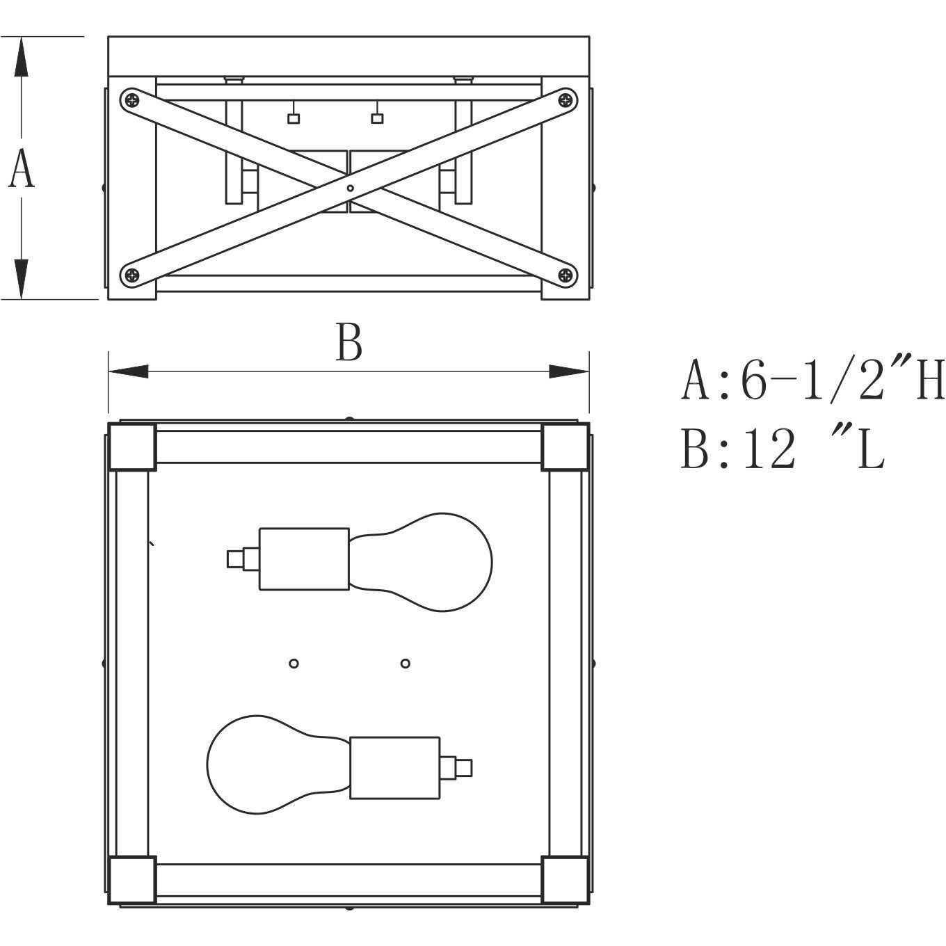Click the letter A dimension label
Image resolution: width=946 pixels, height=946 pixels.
tap(22, 169)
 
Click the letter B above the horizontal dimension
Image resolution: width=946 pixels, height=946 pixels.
tap(349, 342)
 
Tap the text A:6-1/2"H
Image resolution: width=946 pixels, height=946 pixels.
tap(812, 380)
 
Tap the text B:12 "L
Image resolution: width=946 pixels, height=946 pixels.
tap(783, 448)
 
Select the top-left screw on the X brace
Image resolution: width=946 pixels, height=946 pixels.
tap(132, 101)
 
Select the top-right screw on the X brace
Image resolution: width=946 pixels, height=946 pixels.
tap(566, 100)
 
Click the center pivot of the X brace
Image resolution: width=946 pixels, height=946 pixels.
tap(350, 188)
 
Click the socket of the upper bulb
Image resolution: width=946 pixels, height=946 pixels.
tap(304, 559)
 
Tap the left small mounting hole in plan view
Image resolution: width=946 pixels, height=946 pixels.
tap(294, 664)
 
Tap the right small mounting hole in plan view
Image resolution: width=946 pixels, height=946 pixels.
tap(405, 664)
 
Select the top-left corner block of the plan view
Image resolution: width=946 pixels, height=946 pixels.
tap(132, 447)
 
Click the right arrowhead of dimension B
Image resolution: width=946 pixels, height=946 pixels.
tap(568, 371)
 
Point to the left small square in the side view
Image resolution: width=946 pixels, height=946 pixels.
tap(293, 118)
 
